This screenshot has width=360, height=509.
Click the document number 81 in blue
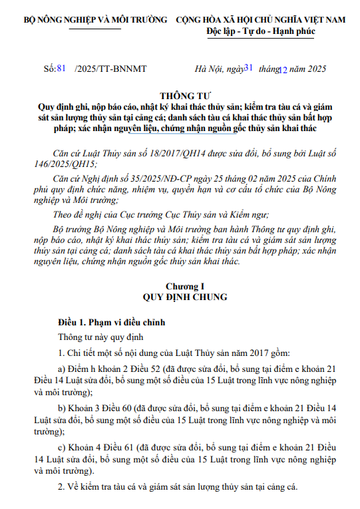click(63, 68)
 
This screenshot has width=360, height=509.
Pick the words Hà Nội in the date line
click(207, 69)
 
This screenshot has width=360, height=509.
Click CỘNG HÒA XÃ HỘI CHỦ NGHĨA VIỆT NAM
click(261, 20)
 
